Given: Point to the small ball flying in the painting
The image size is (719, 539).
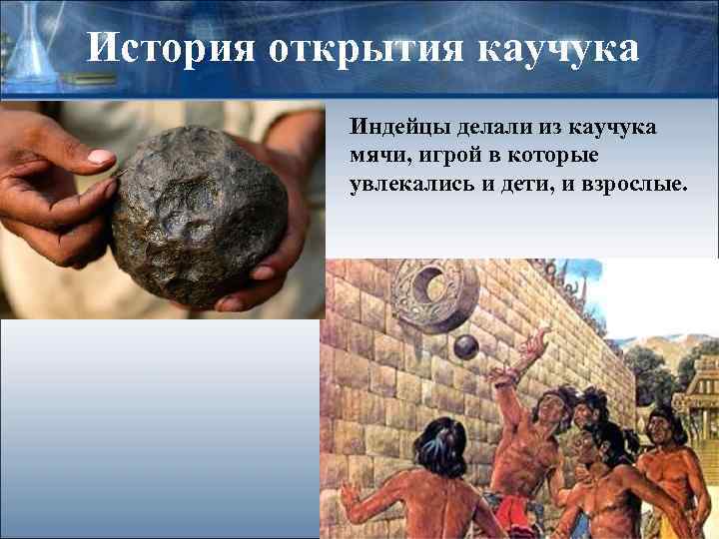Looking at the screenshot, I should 465,346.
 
